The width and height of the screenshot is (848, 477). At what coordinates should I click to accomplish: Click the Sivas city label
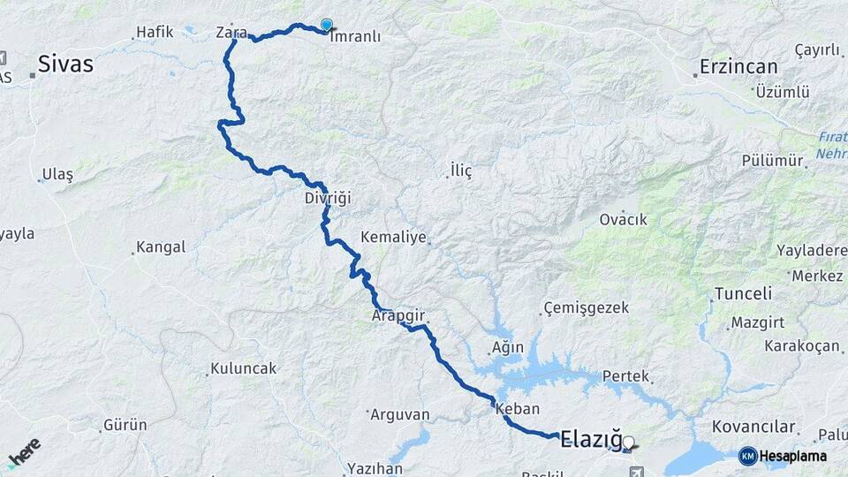click(65, 64)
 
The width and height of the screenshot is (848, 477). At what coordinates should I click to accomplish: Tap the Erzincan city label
click(738, 66)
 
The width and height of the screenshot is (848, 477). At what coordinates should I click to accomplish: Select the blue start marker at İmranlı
click(327, 26)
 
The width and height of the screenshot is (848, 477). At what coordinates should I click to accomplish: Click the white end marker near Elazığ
click(628, 442)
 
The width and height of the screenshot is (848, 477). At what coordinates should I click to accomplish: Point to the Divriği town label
click(328, 198)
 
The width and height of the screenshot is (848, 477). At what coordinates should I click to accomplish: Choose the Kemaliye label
click(393, 238)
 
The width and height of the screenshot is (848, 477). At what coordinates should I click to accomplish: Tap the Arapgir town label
click(398, 314)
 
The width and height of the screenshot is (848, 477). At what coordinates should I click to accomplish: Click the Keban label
click(518, 409)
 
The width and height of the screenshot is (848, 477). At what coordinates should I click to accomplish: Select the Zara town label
click(231, 33)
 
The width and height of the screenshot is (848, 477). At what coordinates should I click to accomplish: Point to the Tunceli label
click(742, 293)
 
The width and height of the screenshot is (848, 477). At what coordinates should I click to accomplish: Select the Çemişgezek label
click(587, 307)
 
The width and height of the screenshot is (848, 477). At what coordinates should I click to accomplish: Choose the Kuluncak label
click(243, 367)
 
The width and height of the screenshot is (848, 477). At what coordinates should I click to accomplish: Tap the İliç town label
click(461, 170)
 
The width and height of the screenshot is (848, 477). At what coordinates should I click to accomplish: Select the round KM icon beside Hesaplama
click(748, 456)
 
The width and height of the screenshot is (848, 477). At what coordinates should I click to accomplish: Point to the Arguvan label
click(399, 413)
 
